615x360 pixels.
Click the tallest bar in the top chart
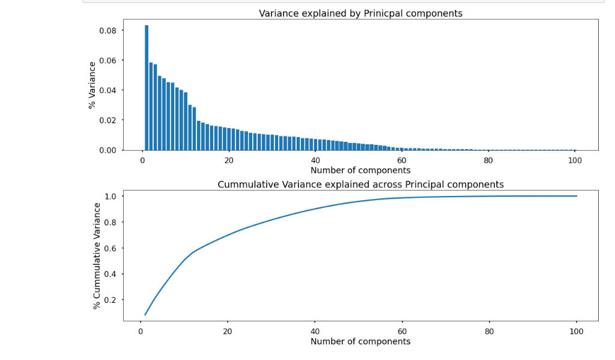[147, 88]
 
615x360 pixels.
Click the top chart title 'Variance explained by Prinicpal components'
[360, 13]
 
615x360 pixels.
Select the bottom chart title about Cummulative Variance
[360, 185]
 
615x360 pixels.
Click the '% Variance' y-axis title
[92, 85]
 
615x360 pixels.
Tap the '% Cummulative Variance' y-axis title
[97, 255]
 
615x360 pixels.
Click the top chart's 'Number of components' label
[360, 170]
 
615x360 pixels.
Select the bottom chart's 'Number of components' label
[360, 341]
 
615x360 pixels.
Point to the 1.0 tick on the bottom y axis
[111, 197]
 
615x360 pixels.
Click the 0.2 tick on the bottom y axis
[111, 300]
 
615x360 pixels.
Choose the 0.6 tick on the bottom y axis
[111, 248]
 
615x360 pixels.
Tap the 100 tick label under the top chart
[575, 160]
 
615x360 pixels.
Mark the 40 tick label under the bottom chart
[315, 331]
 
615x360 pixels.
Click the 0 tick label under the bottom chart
[141, 331]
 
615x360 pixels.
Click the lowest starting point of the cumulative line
[145, 314]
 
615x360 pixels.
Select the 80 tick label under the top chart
[488, 160]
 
